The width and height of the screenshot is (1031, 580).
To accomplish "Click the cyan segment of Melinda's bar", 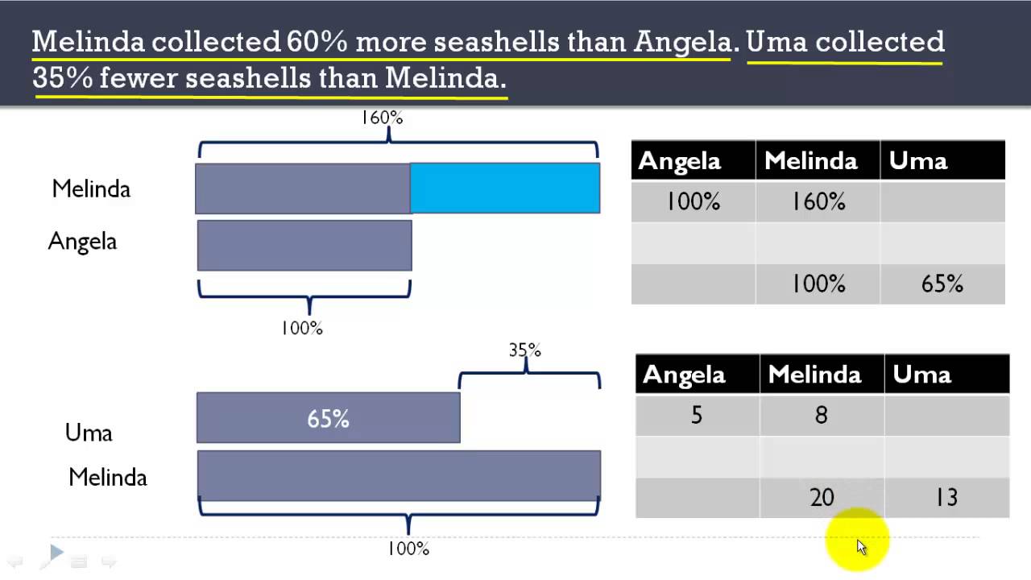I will (505, 188).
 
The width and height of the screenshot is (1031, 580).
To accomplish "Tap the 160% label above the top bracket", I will (382, 118).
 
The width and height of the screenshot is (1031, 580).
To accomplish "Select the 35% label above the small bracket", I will (524, 350).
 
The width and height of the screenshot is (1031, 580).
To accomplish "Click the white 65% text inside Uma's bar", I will (328, 419).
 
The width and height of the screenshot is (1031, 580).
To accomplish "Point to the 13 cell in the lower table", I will (946, 498).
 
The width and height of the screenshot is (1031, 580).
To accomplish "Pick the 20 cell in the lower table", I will (822, 498).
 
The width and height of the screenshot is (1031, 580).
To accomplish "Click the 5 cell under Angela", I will (697, 416).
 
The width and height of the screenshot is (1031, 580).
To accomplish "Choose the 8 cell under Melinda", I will (822, 416).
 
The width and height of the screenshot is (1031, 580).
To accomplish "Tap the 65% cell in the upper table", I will (942, 284).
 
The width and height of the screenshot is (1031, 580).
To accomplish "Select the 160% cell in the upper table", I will (818, 201).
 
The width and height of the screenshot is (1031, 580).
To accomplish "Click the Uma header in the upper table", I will (918, 161).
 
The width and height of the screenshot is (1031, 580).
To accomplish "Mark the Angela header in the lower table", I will (684, 375).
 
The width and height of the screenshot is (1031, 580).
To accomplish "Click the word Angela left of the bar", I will (82, 241).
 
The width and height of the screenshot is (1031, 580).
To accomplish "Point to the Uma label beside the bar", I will (89, 433).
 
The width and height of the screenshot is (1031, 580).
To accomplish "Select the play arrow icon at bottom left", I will (56, 552).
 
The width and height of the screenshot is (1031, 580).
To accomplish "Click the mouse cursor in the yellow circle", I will (861, 547).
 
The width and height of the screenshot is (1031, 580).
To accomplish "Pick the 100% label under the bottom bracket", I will (408, 549).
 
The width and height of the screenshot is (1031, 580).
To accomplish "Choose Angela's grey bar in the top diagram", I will (304, 246).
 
